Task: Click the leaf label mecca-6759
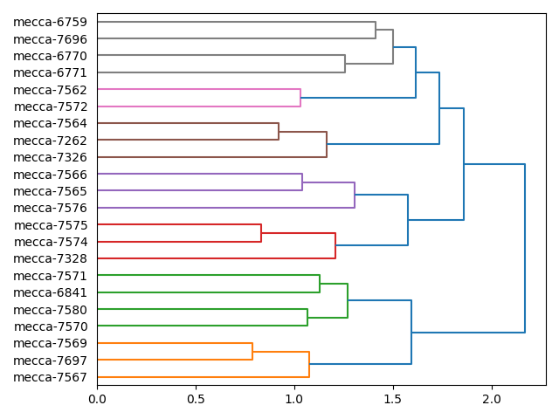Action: pos(50,22)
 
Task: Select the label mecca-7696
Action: pos(50,39)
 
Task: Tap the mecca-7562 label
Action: pos(50,90)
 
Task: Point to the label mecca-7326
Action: pos(50,157)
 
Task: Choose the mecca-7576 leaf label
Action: pos(50,208)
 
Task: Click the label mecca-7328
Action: pos(50,258)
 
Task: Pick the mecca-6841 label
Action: pos(50,292)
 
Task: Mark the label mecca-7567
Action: pos(50,377)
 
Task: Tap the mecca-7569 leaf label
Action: pos(50,343)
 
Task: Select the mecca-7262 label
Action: pos(50,141)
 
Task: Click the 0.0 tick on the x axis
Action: pos(97,399)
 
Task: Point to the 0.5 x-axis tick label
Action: pos(196,399)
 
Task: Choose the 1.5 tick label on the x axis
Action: pos(393,399)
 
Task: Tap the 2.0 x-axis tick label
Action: pos(492,399)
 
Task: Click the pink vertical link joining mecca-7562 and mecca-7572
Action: pos(300,98)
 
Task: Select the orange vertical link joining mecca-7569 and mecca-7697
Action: pos(252,352)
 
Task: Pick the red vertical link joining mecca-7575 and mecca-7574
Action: pos(261,233)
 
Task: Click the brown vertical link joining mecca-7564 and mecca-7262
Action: pos(279,132)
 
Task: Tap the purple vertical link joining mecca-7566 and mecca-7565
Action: pos(302,182)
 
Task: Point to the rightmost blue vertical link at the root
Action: pos(525,248)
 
